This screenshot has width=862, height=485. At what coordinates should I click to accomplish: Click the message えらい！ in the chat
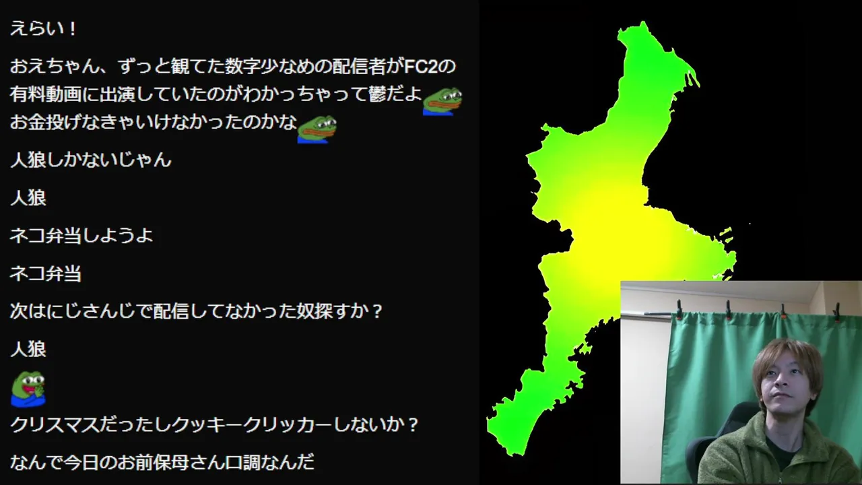[x=43, y=29]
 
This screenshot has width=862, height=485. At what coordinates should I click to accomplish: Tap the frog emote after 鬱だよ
[x=442, y=101]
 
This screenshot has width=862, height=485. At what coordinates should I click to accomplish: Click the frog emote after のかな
[x=317, y=129]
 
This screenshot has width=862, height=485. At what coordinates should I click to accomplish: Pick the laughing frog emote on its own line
[x=28, y=389]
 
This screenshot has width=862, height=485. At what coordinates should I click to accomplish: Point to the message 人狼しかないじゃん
[x=90, y=160]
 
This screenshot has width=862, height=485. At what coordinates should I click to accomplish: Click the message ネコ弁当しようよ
[x=81, y=236]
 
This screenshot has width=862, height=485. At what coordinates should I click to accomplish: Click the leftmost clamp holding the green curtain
[x=679, y=309]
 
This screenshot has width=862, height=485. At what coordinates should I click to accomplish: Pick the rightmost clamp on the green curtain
[x=837, y=312]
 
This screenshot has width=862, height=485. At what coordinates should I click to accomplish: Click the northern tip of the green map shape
[x=643, y=22]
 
